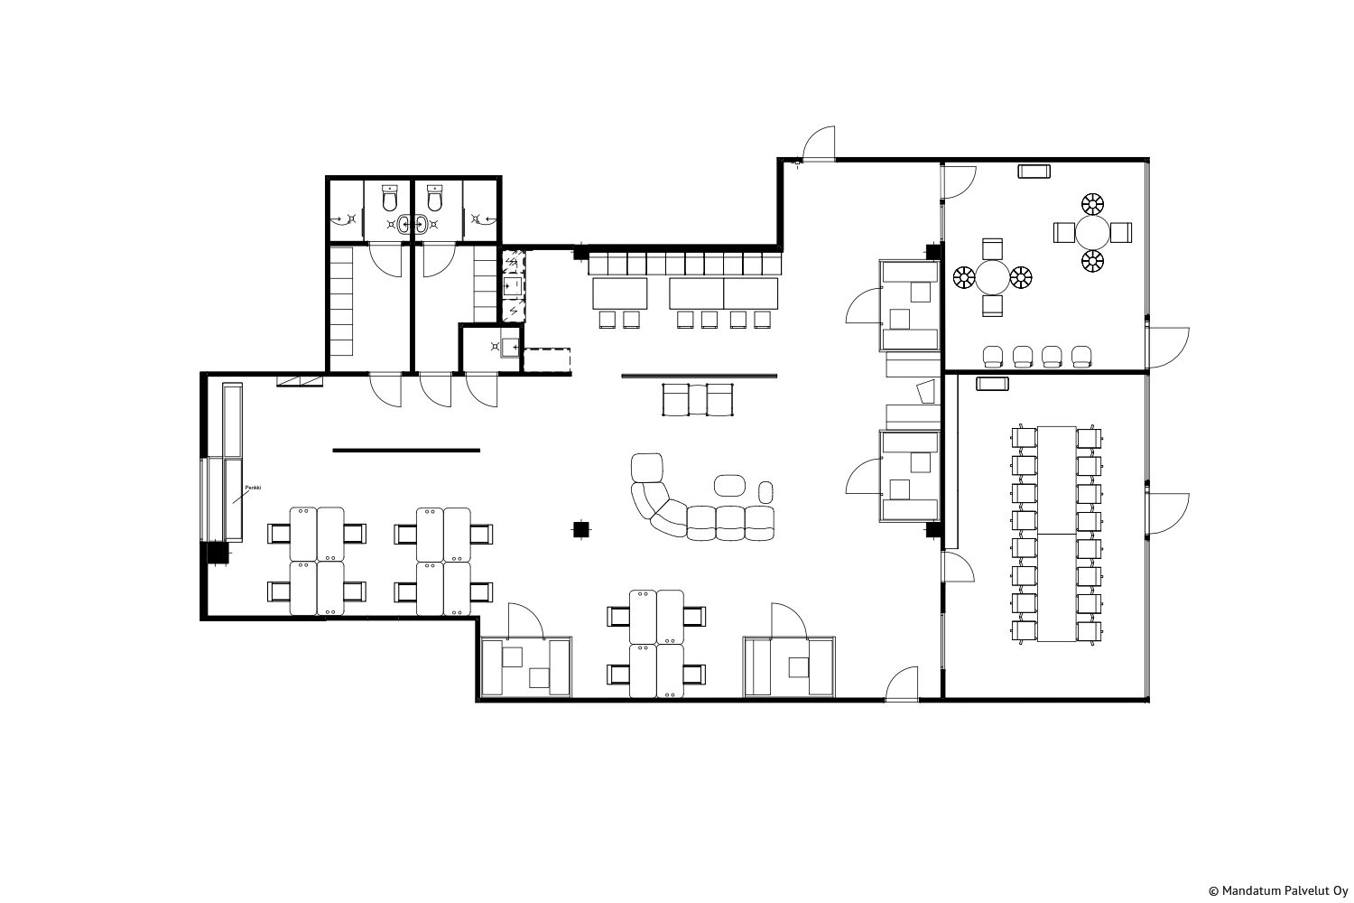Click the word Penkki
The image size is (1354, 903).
click(253, 487)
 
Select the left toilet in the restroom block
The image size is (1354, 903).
click(390, 198)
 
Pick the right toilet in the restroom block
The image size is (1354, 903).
click(434, 198)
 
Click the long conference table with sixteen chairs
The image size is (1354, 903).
click(1057, 534)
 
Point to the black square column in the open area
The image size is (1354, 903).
click(581, 529)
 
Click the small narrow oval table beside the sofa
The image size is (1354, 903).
click(765, 492)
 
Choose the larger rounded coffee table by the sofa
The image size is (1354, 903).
click(729, 485)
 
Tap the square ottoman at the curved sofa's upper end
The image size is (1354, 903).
click(647, 468)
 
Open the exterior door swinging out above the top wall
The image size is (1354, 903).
click(819, 144)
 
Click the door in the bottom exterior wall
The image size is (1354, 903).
click(902, 684)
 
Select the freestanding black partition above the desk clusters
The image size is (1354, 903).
click(406, 450)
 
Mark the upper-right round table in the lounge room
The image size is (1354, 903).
click(1093, 232)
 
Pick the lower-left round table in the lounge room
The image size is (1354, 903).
click(993, 277)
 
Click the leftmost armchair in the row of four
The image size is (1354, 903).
click(993, 357)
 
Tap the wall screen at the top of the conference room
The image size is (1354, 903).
click(993, 384)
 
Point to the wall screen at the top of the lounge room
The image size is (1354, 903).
click(1034, 172)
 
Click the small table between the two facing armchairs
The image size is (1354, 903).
click(698, 399)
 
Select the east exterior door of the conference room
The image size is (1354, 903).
click(1167, 513)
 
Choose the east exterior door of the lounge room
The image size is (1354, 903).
click(1167, 348)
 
